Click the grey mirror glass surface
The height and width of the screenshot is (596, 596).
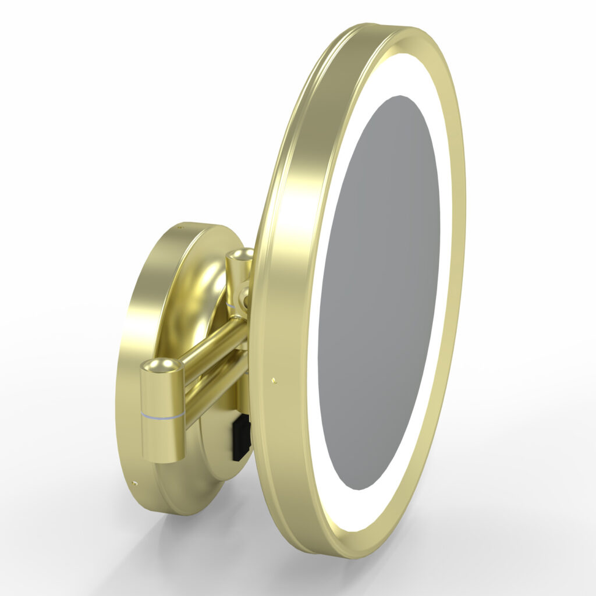coord(378,291)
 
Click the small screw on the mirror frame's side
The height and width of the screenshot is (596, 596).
coord(273,382)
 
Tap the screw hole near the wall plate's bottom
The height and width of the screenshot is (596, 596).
coord(135,483)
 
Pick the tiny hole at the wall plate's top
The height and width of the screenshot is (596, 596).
coord(180,228)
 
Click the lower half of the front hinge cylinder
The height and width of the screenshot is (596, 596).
coord(162,439)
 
